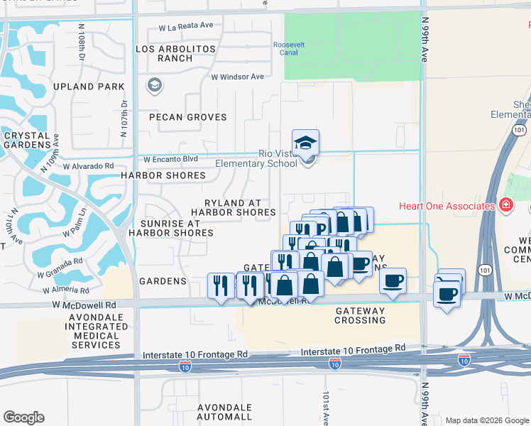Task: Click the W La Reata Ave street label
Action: [x=186, y=26]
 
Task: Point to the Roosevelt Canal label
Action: [x=289, y=48]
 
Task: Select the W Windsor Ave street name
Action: [x=237, y=77]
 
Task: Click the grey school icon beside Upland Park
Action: [x=154, y=86]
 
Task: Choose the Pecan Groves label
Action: [x=187, y=117]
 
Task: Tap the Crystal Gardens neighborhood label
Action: [x=26, y=140]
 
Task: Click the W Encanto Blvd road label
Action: [x=170, y=160]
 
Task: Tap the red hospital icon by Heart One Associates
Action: [x=505, y=206]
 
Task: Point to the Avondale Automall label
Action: [x=223, y=412]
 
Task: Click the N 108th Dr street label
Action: [x=83, y=45]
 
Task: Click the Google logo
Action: [x=23, y=417]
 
